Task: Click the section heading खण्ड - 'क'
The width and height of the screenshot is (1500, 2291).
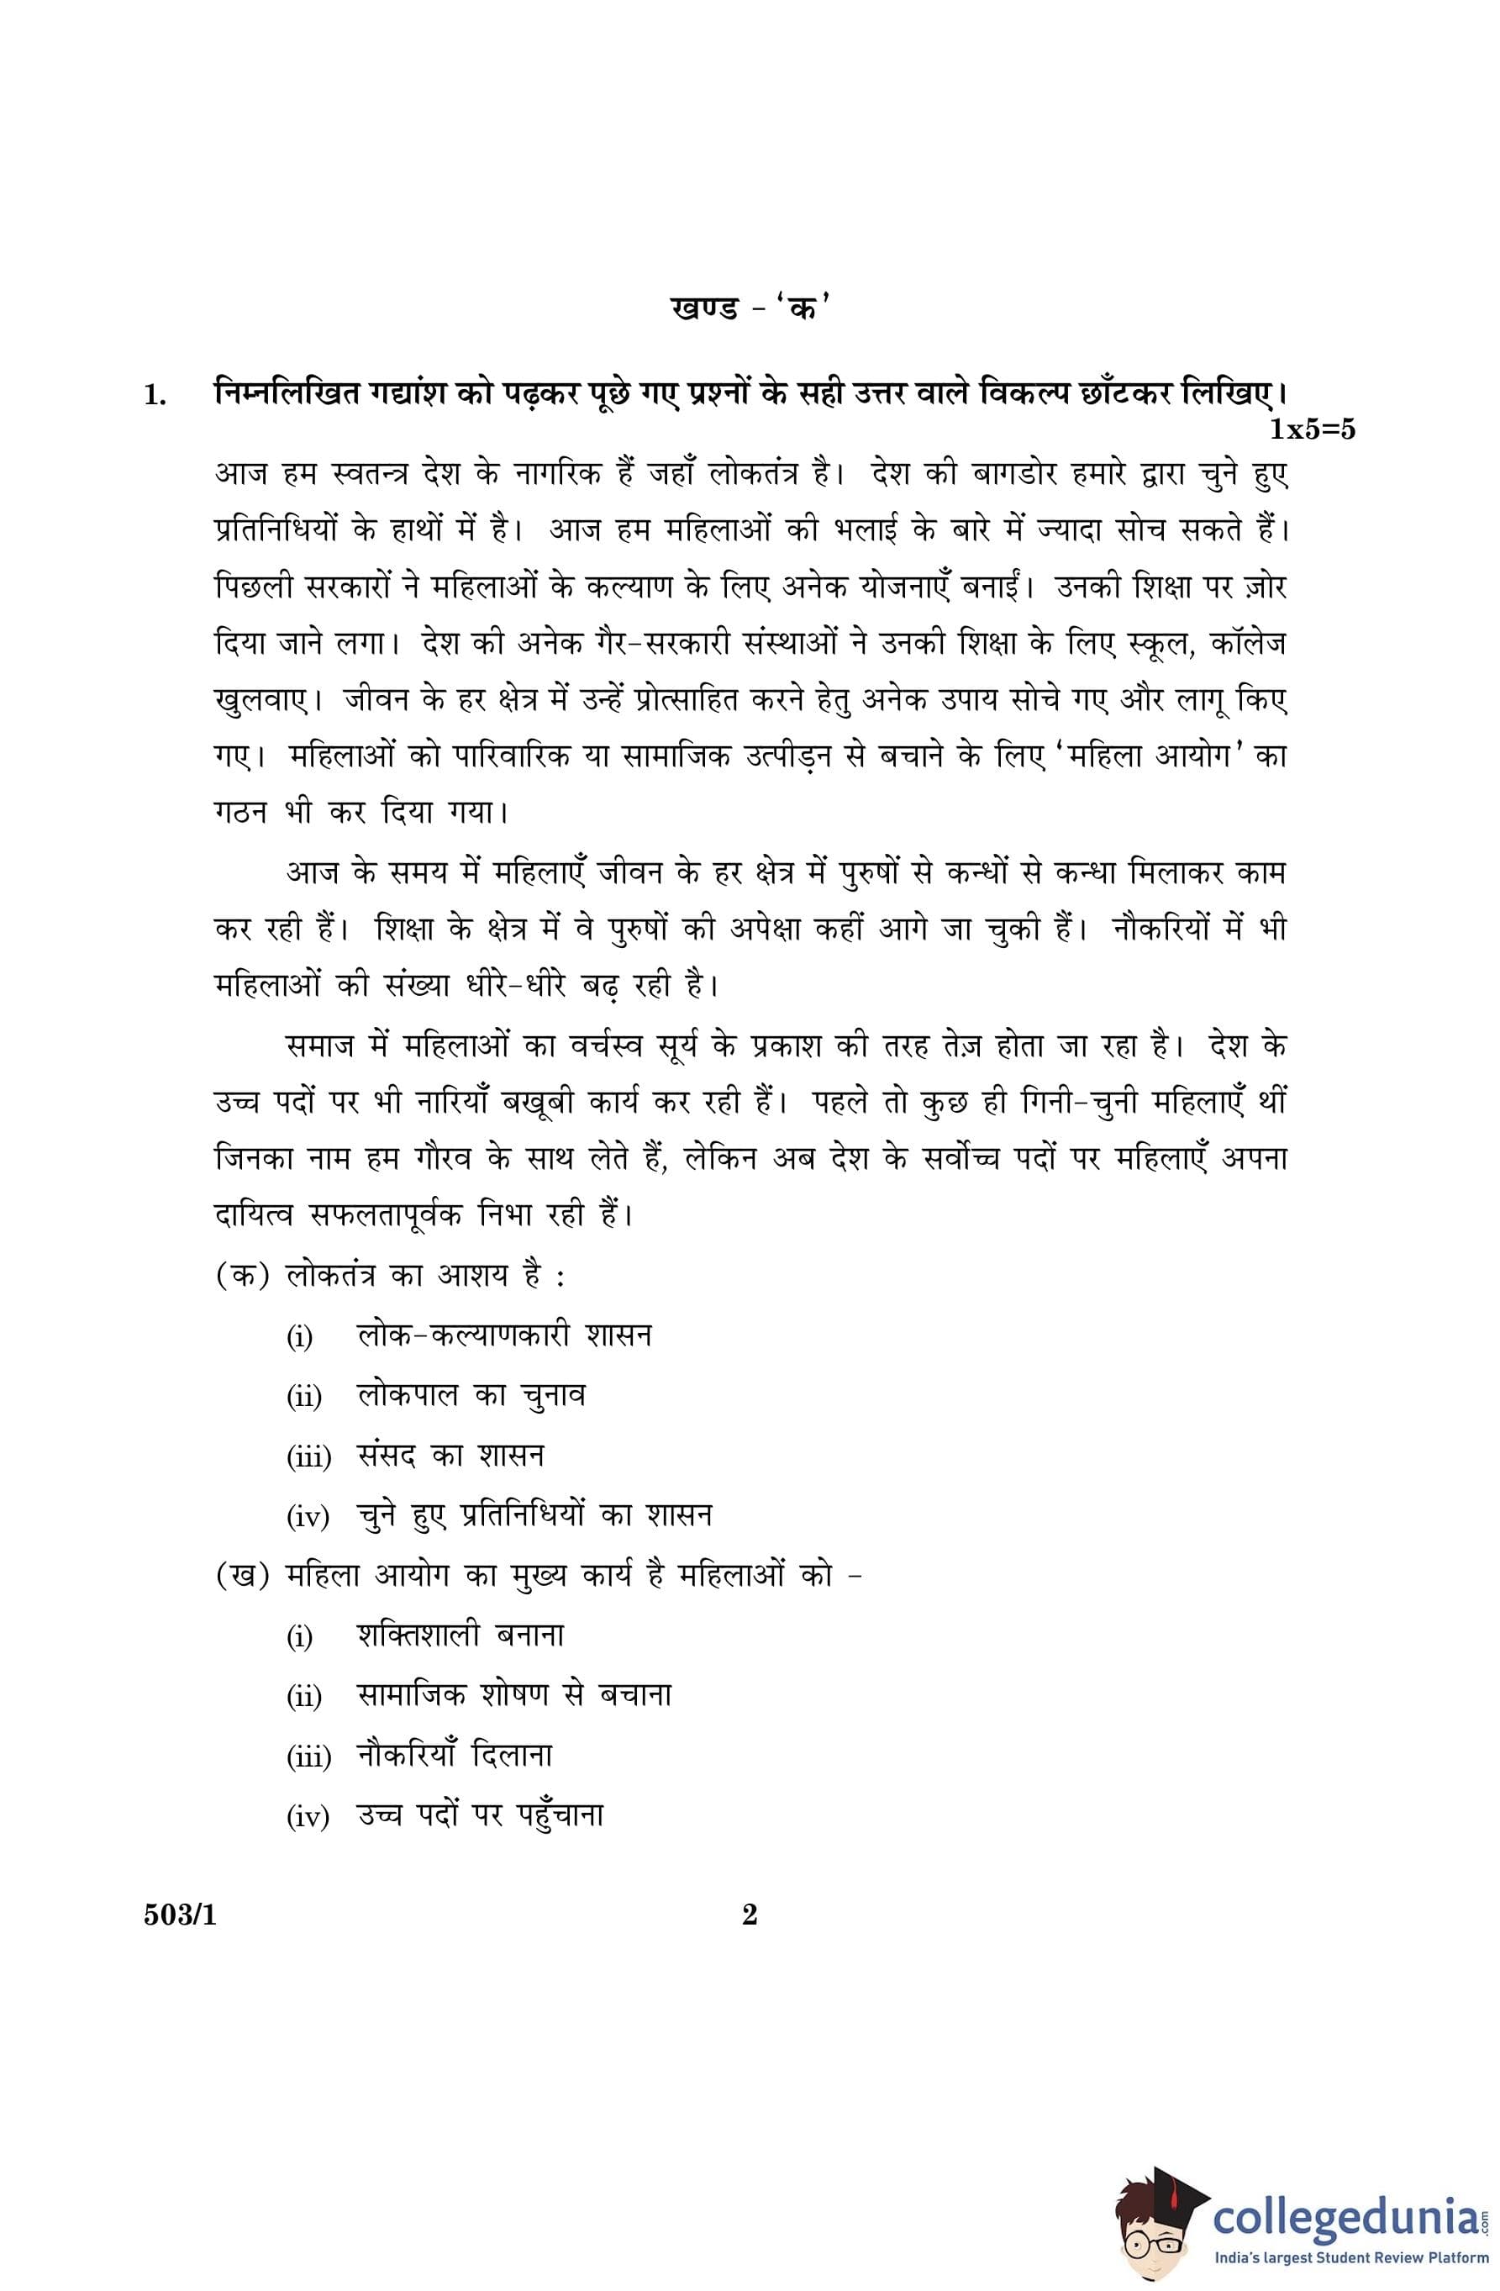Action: [749, 309]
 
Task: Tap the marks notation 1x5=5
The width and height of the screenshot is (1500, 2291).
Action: [1311, 429]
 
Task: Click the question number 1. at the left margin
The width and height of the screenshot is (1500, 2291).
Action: [155, 395]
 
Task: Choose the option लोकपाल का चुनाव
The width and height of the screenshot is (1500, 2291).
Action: [471, 1396]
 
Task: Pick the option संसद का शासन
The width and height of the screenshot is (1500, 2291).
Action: [450, 1456]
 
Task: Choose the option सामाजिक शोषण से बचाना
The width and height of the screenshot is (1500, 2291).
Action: [513, 1695]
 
